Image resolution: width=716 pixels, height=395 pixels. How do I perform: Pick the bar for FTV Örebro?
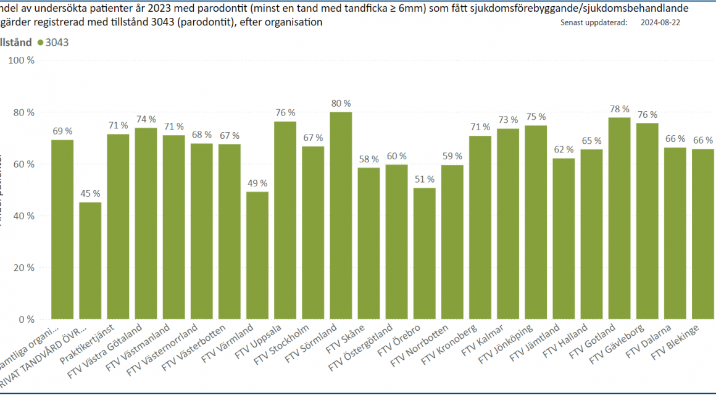click(425, 253)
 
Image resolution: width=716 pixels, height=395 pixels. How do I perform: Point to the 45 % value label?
click(90, 193)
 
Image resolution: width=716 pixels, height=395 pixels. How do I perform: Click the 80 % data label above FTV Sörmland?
click(341, 103)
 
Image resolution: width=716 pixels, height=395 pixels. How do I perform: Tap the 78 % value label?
click(619, 109)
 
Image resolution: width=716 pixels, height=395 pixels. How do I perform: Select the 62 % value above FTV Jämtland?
click(564, 149)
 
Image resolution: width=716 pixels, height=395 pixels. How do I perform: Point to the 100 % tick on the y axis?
click(22, 60)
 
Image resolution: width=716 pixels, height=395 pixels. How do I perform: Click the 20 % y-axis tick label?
click(24, 268)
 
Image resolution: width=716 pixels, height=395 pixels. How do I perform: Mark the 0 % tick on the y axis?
click(27, 320)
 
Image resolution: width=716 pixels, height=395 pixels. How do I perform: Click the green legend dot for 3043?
click(41, 43)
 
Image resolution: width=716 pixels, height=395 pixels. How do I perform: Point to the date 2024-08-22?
click(662, 22)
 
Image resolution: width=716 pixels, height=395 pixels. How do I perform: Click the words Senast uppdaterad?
click(594, 22)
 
